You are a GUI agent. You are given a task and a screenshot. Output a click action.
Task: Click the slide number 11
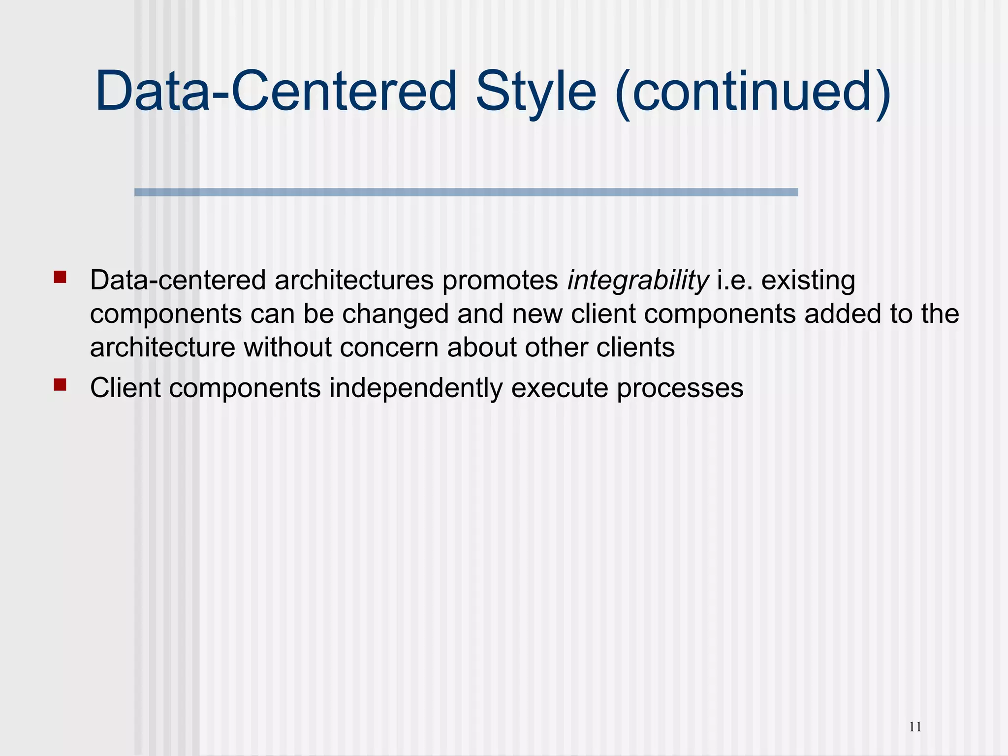coord(915,727)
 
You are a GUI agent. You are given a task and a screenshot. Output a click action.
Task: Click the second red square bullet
coord(60,384)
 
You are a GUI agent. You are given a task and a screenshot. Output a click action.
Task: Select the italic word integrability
coord(638,281)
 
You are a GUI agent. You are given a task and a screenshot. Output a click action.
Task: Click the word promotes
coord(500,281)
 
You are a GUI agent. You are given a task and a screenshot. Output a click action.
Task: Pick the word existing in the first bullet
coord(808,281)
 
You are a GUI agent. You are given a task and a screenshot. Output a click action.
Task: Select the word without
coord(287,347)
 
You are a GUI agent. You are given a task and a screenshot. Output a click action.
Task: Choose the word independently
coord(416,388)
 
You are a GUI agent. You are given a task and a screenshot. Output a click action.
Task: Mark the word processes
coord(680,388)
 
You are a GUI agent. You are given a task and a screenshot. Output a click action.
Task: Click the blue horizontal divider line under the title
coord(466,192)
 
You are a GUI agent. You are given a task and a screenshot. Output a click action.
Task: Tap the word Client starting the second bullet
coord(125,388)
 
